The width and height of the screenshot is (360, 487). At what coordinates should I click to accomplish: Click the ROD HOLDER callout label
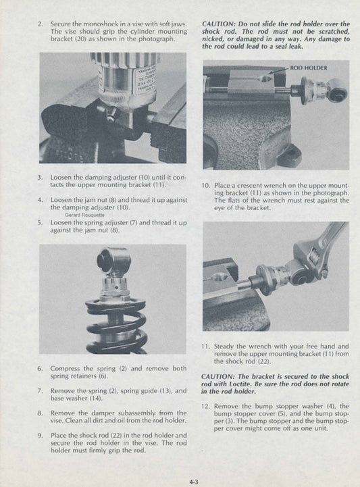pyautogui.click(x=309, y=68)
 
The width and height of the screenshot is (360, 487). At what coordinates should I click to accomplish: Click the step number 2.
pyautogui.click(x=41, y=23)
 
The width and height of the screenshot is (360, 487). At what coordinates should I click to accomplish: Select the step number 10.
pyautogui.click(x=205, y=184)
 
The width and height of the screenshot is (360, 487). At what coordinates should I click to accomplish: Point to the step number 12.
pyautogui.click(x=205, y=406)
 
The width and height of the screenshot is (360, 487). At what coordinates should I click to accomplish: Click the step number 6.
pyautogui.click(x=41, y=369)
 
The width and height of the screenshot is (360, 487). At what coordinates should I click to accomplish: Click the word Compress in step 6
pyautogui.click(x=66, y=369)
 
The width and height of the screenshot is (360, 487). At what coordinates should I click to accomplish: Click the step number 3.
pyautogui.click(x=41, y=176)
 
